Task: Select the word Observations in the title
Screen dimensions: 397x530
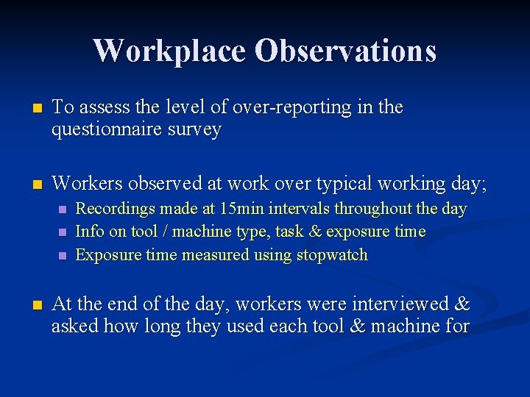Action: [x=345, y=51]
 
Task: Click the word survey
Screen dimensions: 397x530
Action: [x=195, y=130]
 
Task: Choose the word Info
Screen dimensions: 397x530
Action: [x=90, y=232]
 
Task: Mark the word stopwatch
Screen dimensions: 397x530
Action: [x=332, y=255]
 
